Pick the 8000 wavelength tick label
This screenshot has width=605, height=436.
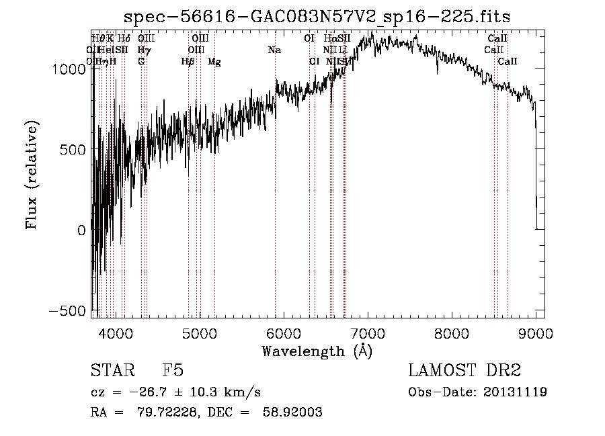(x=452, y=332)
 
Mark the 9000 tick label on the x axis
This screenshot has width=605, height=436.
(x=536, y=332)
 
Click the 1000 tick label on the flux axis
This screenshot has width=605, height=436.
(x=69, y=69)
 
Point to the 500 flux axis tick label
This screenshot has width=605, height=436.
(x=74, y=149)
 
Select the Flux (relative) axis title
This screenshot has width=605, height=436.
(x=32, y=175)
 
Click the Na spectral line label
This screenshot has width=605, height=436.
(x=274, y=50)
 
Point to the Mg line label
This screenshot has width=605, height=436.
(x=214, y=61)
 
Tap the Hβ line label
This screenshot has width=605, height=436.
(x=188, y=61)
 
